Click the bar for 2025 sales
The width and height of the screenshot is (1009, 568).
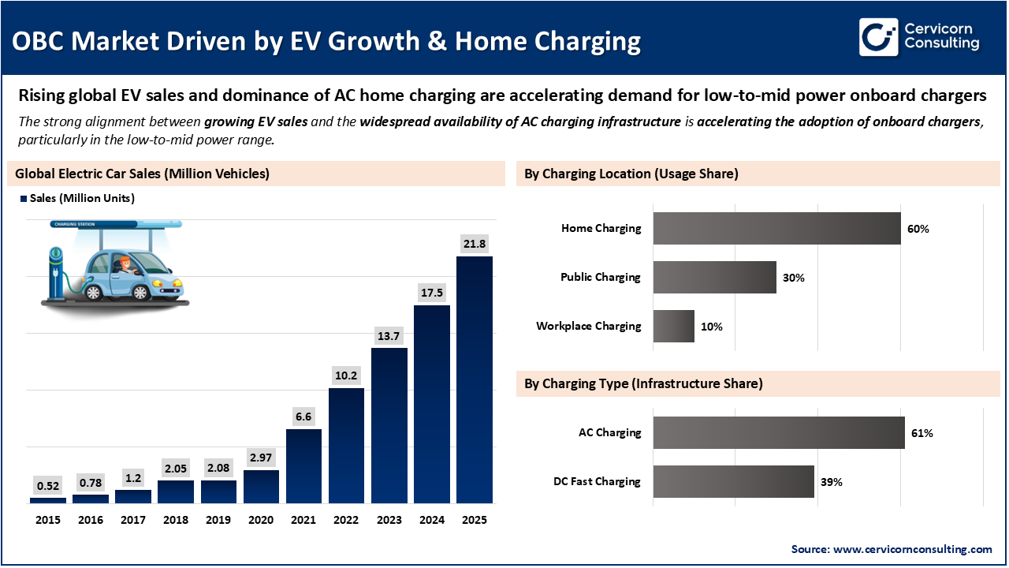475,379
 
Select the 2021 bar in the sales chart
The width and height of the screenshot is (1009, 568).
303,465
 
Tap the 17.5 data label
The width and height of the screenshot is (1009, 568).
431,292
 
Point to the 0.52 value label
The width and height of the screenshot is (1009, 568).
48,484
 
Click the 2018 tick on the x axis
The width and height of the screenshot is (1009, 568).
176,520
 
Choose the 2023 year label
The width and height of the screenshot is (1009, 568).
389,520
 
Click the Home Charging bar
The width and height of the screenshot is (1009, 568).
776,228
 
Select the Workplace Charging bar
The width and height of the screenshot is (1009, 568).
674,326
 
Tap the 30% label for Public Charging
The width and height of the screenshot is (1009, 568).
793,278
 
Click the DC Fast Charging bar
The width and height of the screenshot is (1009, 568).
733,481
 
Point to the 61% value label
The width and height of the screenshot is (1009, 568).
922,433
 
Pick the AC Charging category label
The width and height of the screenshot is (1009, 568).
609,433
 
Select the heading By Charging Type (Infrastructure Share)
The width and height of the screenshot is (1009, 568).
643,384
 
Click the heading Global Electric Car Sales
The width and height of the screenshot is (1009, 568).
142,174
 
